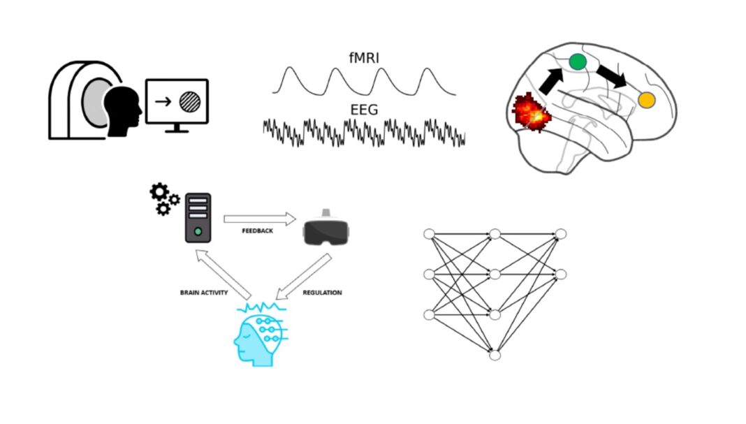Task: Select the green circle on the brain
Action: tap(577, 61)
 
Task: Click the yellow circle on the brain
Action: tap(646, 101)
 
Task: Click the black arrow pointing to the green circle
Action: tap(552, 80)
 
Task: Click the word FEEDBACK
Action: tap(258, 231)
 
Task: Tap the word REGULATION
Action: tap(322, 293)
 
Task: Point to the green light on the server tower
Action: tap(198, 231)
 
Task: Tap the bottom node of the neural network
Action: tap(495, 356)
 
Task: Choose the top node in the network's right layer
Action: tap(560, 233)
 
